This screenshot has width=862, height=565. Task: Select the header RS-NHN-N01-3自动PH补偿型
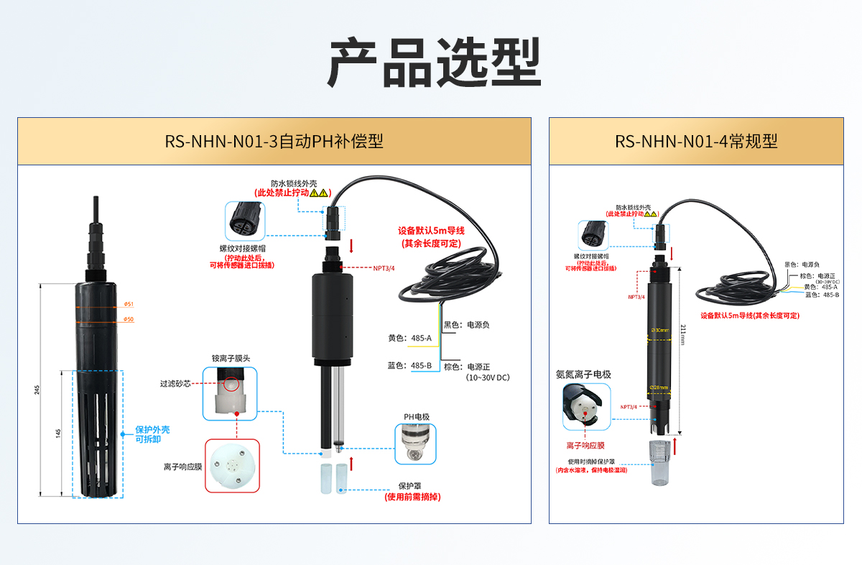click(x=274, y=141)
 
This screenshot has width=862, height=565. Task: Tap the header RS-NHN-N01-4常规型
click(x=696, y=141)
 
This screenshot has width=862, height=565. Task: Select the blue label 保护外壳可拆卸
click(x=152, y=434)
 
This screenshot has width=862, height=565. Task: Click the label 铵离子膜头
click(x=231, y=357)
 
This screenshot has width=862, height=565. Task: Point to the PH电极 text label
click(x=416, y=416)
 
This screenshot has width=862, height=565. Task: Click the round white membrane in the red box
click(x=232, y=466)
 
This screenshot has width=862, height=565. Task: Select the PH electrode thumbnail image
click(x=416, y=444)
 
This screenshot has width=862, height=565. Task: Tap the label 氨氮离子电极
click(x=583, y=374)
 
